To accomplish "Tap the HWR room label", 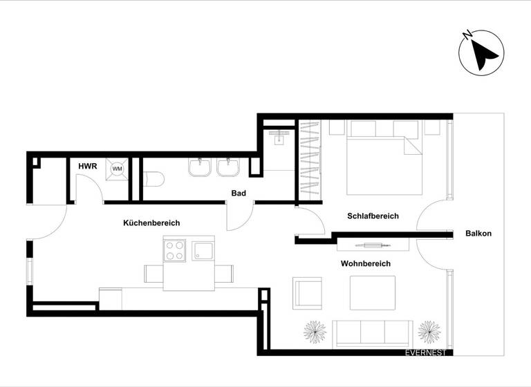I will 87,166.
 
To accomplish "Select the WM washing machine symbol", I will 117,168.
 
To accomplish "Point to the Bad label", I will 239,193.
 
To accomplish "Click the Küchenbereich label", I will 151,223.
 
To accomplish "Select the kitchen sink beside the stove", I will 204,251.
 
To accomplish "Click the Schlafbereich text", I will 373,216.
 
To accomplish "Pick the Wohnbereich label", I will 365,263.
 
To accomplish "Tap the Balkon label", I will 478,234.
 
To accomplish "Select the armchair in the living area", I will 308,294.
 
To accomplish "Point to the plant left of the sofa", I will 315,332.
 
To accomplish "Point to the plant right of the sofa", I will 430,332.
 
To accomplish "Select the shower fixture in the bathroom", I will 280,135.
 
